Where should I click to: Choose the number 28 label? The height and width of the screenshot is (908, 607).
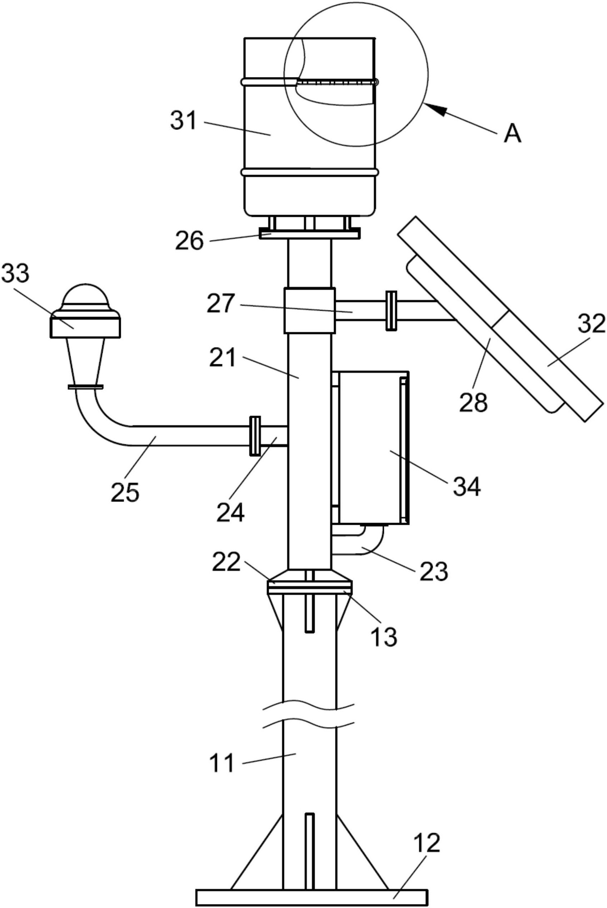coord(474,403)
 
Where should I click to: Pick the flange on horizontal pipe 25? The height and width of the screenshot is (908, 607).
coord(255,436)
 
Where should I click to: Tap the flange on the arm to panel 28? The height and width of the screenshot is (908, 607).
coord(391,311)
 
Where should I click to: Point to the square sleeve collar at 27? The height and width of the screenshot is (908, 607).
coord(310,310)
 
